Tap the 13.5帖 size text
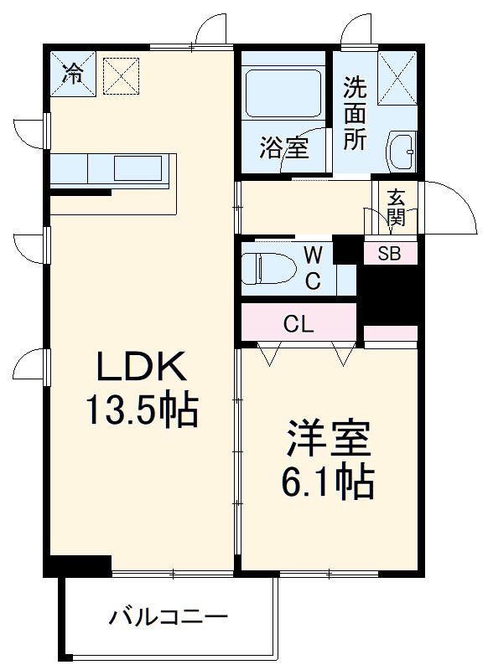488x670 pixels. point(140,410)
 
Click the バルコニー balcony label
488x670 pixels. point(168,619)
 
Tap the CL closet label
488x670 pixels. point(298,323)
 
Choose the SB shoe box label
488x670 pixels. point(389,255)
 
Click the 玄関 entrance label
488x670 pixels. point(396,209)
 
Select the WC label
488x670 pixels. point(312,267)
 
